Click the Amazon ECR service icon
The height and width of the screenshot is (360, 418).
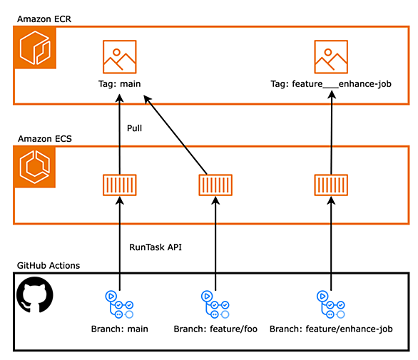click(x=35, y=48)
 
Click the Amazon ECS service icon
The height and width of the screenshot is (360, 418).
click(x=35, y=167)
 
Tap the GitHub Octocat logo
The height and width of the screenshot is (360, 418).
click(x=35, y=294)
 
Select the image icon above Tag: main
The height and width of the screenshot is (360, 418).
click(x=120, y=57)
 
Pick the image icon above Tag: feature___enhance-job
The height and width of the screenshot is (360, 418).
click(x=331, y=57)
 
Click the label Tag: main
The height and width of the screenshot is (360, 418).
click(x=120, y=84)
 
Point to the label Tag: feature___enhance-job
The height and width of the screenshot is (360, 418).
click(x=331, y=84)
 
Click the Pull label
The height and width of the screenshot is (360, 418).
click(x=134, y=128)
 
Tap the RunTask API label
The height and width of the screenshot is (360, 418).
click(x=156, y=247)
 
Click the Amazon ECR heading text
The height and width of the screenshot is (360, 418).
click(x=44, y=19)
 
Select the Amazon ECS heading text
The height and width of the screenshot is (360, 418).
click(x=45, y=139)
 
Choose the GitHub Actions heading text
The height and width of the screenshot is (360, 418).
click(x=49, y=266)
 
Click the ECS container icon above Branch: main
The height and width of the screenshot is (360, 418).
click(x=120, y=185)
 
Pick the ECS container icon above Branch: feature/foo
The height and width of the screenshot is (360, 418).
click(x=215, y=185)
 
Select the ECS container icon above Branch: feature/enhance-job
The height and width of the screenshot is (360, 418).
click(x=331, y=185)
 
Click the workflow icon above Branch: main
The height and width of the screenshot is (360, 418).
click(x=119, y=304)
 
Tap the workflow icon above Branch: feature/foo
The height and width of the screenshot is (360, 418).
click(x=215, y=304)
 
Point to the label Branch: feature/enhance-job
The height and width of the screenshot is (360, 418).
click(x=331, y=329)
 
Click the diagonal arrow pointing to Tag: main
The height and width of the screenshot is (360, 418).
click(x=175, y=135)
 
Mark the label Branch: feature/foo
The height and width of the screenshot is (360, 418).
click(x=215, y=329)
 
